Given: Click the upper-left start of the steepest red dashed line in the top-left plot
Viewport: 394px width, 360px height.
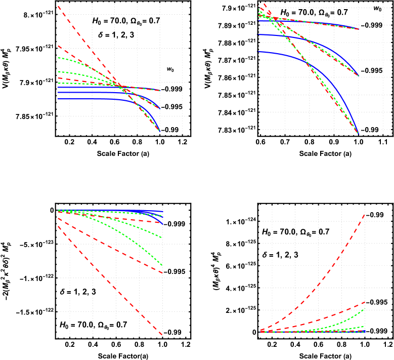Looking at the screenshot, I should [59, 6].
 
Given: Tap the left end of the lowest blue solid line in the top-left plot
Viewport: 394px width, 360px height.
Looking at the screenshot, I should [59, 99].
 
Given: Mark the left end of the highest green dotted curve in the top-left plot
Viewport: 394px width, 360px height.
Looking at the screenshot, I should [59, 58].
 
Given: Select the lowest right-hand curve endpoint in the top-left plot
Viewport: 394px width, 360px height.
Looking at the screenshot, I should [160, 132].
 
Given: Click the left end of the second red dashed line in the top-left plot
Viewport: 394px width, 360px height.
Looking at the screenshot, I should [59, 46].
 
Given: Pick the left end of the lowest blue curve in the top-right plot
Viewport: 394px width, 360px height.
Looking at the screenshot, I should [259, 52].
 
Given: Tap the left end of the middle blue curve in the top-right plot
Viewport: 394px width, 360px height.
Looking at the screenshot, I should [259, 35].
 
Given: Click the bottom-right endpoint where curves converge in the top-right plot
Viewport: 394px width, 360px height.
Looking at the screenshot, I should [358, 133].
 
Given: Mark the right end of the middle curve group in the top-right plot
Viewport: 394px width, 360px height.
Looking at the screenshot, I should [358, 76].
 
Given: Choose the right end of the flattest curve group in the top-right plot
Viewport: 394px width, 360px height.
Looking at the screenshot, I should [358, 29].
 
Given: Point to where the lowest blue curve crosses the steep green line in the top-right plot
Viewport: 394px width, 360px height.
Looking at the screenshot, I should [307, 62].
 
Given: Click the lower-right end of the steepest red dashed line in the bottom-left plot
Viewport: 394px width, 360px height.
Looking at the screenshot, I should [162, 335].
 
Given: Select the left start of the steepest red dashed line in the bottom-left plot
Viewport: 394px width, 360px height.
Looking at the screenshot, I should [59, 226].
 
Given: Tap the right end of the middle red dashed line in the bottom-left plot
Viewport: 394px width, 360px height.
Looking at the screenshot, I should [162, 273].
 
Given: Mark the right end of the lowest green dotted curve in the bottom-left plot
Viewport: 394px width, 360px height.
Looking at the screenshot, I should [162, 265].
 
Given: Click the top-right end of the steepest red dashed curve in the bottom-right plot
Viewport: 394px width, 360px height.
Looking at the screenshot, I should [365, 214].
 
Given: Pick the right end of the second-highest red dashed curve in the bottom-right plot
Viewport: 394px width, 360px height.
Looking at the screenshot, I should [365, 302].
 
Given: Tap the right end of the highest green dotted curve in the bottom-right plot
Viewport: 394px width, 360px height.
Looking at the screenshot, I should [365, 309].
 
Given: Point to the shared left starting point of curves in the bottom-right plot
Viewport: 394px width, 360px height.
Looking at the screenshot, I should [261, 331].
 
